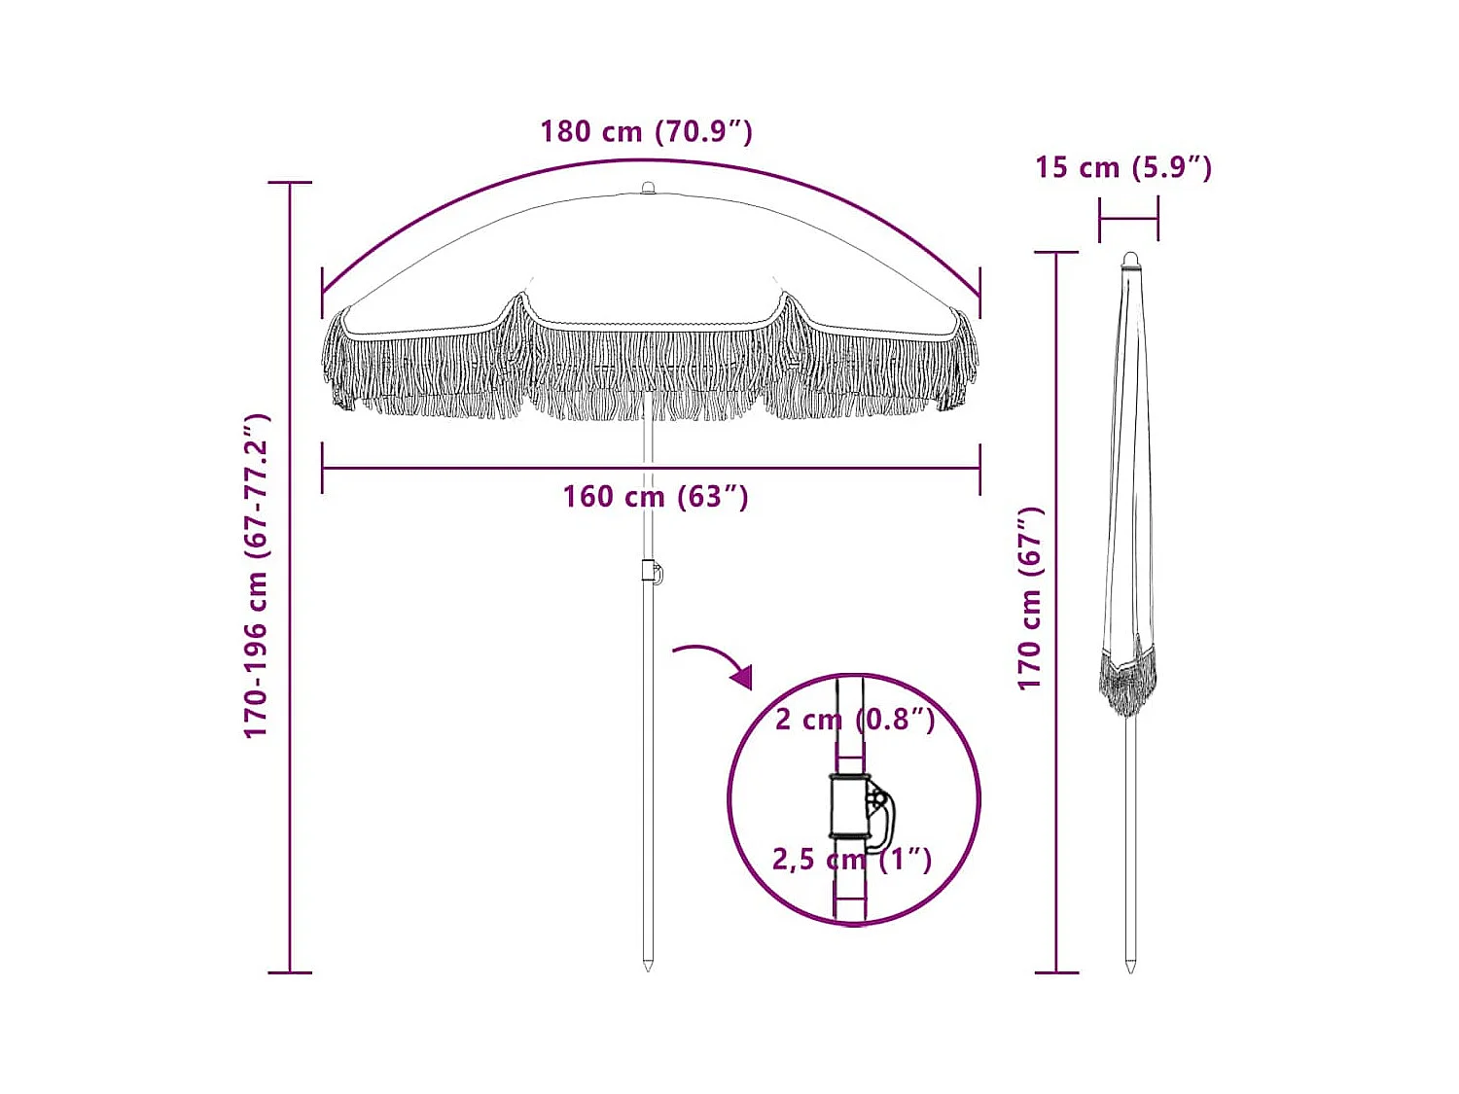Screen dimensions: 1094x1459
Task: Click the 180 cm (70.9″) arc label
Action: coord(646,131)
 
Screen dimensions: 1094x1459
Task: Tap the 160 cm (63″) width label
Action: coord(655,497)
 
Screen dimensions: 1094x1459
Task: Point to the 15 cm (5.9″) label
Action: coord(1122,167)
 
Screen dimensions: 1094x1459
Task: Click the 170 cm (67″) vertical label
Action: coord(1030,598)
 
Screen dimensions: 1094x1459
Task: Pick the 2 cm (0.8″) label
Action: coord(854,720)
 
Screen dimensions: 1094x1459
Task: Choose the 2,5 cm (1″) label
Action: coord(851,860)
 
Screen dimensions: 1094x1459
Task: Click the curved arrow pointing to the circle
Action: coord(715,661)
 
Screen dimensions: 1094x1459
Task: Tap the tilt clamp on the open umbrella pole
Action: coord(652,572)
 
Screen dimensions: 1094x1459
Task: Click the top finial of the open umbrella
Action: coord(648,187)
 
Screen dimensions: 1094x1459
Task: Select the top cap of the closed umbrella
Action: coord(1129,260)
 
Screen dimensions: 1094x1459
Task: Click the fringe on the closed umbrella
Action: coord(1128,681)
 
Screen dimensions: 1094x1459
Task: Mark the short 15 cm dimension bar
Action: coord(1128,220)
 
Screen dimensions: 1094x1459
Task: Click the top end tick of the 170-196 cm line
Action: coord(290,182)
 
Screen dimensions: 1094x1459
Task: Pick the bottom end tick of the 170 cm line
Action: coord(1056,971)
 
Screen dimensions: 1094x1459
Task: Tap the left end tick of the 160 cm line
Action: coord(322,468)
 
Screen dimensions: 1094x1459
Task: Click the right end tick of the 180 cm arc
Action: coord(979,293)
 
